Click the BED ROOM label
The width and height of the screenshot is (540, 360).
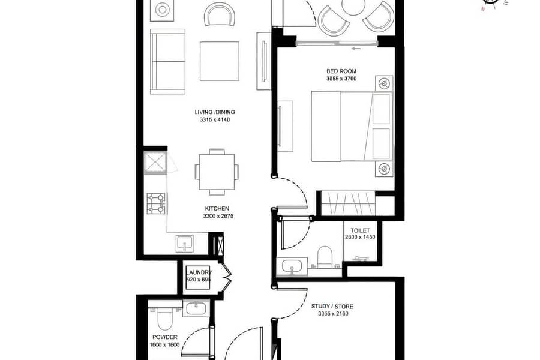341,71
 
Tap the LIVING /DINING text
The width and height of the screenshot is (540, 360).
215,112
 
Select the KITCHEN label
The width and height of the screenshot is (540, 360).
217,208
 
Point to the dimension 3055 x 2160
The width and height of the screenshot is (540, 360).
333,313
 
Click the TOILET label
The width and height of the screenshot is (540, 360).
360,230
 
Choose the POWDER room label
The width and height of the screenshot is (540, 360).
165,337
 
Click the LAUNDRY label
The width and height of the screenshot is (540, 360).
199,272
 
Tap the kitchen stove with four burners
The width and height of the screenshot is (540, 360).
155,203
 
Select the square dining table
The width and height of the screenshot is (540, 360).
217,172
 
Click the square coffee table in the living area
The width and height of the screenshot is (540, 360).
220,61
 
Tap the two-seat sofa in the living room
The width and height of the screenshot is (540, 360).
168,62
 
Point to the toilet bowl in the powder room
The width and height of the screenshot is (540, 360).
165,320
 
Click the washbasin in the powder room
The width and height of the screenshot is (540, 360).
196,308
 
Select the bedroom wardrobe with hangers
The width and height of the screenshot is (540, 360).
348,203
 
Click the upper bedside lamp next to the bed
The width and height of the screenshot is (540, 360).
384,83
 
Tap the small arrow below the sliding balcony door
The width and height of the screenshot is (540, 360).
356,49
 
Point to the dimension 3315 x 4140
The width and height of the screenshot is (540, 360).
215,119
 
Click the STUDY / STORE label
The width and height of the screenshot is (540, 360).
332,306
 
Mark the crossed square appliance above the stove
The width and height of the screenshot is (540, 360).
155,162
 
